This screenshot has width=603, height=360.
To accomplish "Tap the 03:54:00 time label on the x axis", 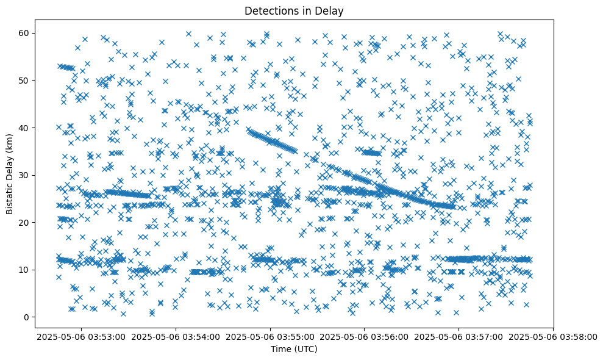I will tap(177, 336).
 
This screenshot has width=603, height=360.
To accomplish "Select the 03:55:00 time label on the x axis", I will tap(271, 336).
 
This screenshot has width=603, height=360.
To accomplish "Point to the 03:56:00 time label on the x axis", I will tap(365, 336).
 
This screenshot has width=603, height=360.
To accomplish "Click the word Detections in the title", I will tap(269, 10).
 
